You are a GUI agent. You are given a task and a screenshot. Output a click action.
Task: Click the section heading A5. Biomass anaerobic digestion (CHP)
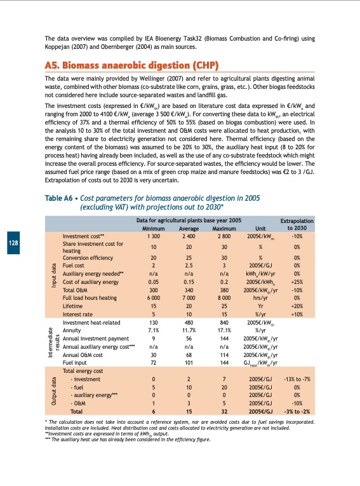tap(131, 65)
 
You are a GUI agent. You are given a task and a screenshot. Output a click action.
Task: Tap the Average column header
tap(189, 228)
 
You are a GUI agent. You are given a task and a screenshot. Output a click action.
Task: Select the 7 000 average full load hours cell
tap(189, 298)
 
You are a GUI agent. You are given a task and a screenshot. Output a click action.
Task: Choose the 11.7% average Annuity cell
tap(189, 330)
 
